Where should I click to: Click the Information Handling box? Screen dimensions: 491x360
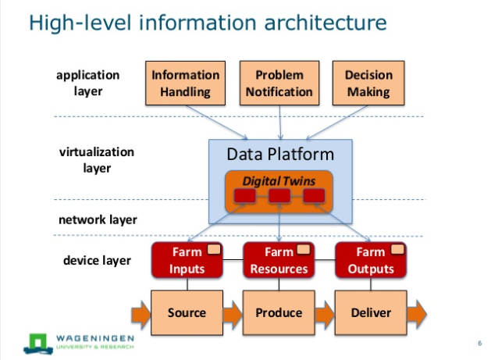click(x=185, y=83)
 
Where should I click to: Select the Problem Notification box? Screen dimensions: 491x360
click(x=279, y=83)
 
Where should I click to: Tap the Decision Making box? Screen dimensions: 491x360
click(x=368, y=83)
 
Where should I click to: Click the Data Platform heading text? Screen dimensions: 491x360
click(x=280, y=154)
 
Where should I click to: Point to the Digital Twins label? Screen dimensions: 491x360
click(x=279, y=181)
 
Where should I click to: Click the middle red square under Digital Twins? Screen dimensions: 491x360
click(x=279, y=196)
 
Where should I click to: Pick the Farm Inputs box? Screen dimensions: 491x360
click(x=187, y=260)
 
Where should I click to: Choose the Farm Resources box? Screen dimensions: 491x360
click(x=279, y=260)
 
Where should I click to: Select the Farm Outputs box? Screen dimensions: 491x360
click(x=371, y=260)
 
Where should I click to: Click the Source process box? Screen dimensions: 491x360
click(x=187, y=312)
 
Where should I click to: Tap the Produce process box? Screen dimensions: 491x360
click(x=279, y=312)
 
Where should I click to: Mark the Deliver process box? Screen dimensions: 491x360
click(x=371, y=312)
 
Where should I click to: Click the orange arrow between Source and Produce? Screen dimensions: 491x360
click(x=233, y=315)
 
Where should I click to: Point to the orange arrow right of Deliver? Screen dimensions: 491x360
click(x=417, y=314)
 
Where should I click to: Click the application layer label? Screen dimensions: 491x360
click(x=88, y=83)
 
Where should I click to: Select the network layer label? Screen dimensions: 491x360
click(x=98, y=219)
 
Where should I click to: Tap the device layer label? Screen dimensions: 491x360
click(x=97, y=260)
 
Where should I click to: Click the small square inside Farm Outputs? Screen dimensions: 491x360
click(x=397, y=249)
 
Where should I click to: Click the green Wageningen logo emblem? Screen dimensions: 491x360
click(x=38, y=344)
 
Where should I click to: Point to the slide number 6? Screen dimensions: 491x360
click(x=479, y=343)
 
